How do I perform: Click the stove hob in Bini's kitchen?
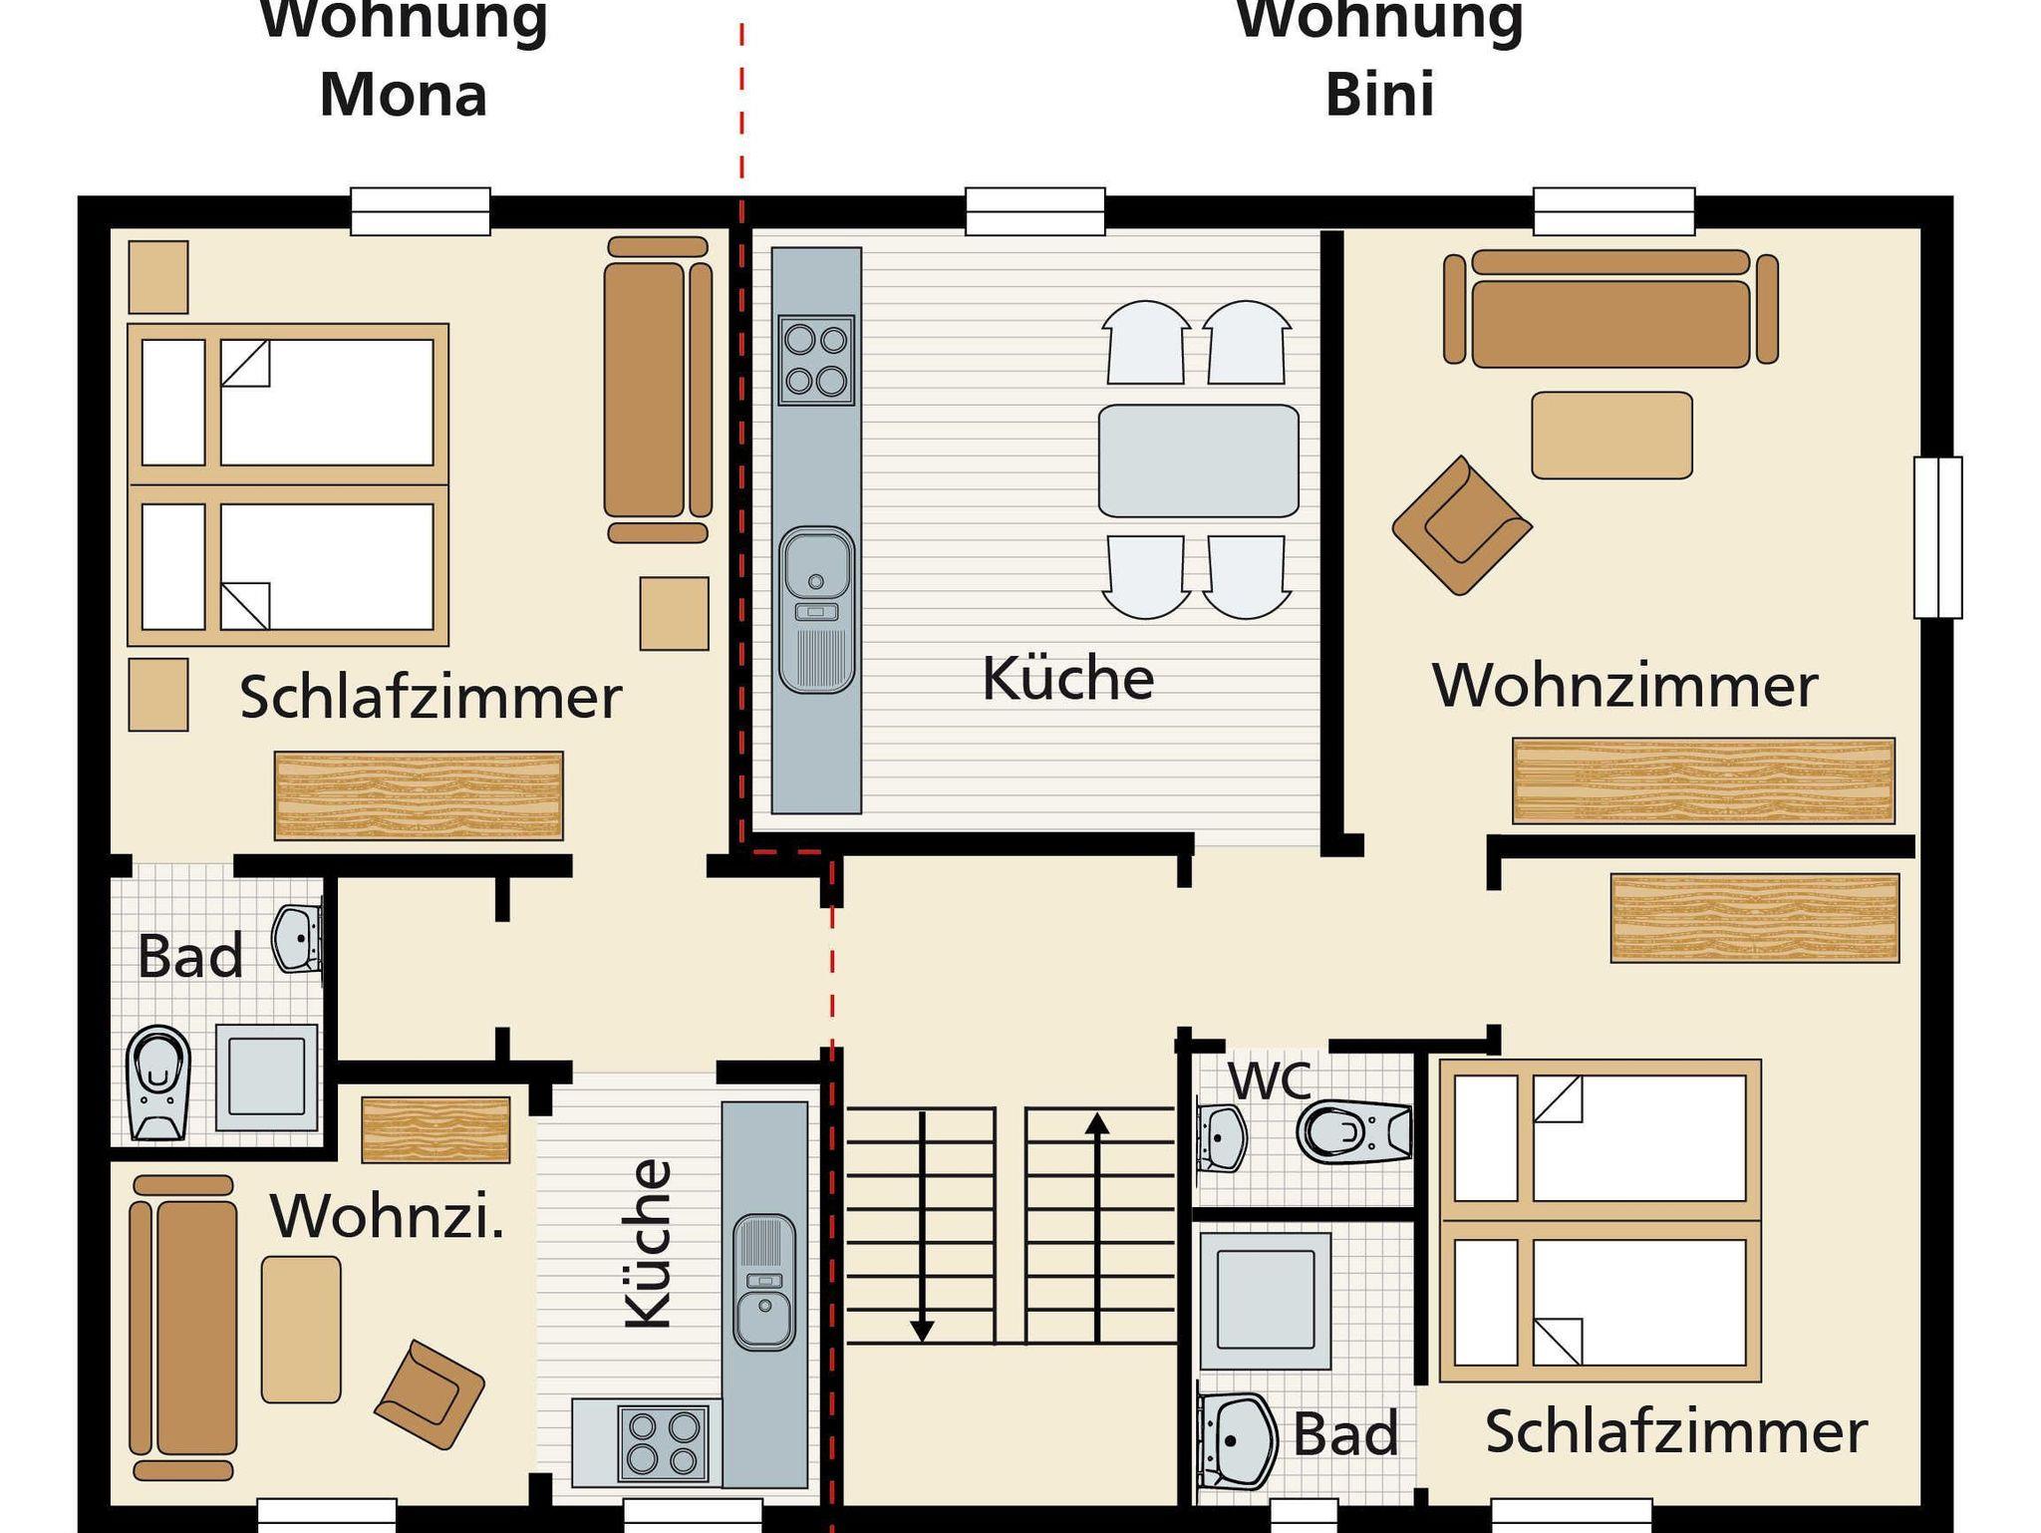click(816, 360)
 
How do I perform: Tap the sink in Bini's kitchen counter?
click(816, 610)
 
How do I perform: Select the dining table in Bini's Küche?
click(1198, 460)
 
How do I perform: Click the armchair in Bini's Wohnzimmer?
click(1462, 525)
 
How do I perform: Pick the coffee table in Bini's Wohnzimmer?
click(1611, 436)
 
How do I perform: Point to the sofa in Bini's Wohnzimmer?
click(1610, 307)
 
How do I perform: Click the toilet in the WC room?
click(1354, 1131)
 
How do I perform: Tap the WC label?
click(1269, 1080)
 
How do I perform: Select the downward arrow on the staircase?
click(922, 1227)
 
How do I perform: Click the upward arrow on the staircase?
click(1097, 1227)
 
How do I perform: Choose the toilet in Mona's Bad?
click(158, 1082)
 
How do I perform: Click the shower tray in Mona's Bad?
click(266, 1076)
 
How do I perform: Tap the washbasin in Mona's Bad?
click(297, 938)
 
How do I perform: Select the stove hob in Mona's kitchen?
click(658, 1442)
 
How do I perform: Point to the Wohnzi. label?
click(388, 1216)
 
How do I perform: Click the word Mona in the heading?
click(403, 95)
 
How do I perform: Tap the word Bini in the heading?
click(1379, 95)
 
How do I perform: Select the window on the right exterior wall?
click(1937, 537)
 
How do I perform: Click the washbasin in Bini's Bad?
click(1236, 1441)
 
